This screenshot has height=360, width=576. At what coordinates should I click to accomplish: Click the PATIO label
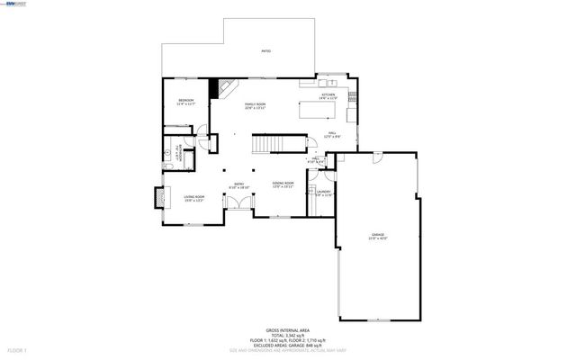[x=265, y=52]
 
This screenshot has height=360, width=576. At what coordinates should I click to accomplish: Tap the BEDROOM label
[x=186, y=101]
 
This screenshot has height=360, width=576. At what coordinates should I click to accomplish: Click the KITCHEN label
[x=329, y=94]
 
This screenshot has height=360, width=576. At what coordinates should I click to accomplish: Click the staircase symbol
[x=266, y=145]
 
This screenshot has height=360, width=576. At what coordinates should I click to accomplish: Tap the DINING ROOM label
[x=283, y=184]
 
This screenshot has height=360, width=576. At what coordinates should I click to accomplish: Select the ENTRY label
[x=239, y=185]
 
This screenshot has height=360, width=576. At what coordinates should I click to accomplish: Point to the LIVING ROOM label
[x=194, y=198]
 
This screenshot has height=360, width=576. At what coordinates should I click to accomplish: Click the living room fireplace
[x=159, y=195]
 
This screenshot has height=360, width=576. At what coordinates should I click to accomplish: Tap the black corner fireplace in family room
[x=215, y=87]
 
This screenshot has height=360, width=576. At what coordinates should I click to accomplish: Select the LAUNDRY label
[x=323, y=193]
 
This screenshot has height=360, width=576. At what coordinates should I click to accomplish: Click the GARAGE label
[x=376, y=236]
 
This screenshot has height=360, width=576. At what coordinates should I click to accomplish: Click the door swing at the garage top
[x=378, y=157]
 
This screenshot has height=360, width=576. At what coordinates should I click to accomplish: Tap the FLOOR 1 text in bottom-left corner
[x=16, y=348]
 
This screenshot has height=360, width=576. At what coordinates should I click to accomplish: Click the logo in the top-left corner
[x=15, y=4]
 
